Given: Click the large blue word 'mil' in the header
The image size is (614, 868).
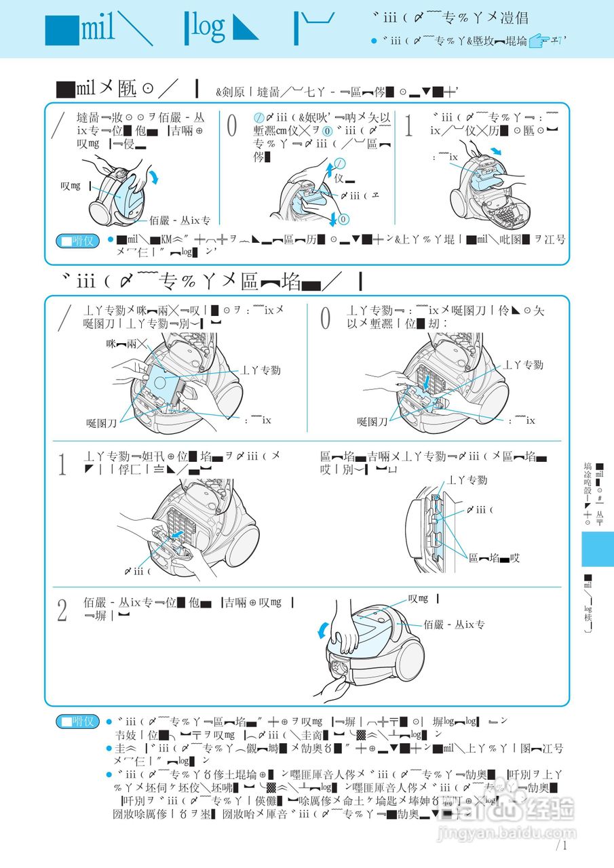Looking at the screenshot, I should coord(99,28).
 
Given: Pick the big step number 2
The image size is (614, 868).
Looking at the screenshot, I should coord(62,610).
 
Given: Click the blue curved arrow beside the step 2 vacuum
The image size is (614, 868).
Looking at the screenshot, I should coord(324,631).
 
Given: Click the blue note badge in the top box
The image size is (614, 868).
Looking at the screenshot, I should coord(77,240).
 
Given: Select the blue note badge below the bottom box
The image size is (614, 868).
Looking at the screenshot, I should coord(77,722).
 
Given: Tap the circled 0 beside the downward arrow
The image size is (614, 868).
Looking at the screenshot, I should coord(344,220).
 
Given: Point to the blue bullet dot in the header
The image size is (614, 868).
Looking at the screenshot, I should coord(373,41).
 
